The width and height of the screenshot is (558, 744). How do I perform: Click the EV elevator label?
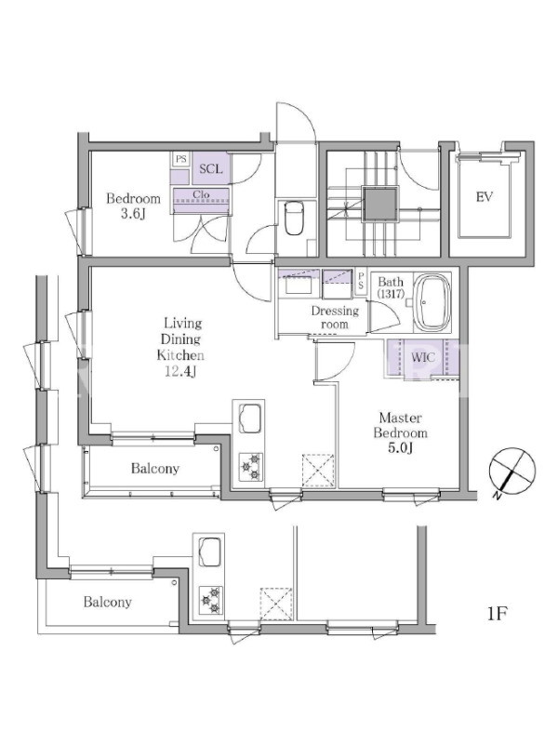pyautogui.click(x=484, y=196)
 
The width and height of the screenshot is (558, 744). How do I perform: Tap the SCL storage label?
pyautogui.click(x=211, y=169)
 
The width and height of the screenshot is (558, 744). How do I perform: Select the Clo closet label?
pyautogui.click(x=201, y=194)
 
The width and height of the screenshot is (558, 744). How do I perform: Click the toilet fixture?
pyautogui.click(x=295, y=218)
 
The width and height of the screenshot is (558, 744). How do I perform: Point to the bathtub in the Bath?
pyautogui.click(x=432, y=303)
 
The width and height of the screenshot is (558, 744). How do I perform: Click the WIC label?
pyautogui.click(x=423, y=357)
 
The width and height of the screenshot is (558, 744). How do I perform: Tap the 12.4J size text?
pyautogui.click(x=180, y=371)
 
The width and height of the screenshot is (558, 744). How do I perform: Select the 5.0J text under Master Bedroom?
pyautogui.click(x=400, y=447)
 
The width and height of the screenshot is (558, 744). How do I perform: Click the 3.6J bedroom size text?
pyautogui.click(x=132, y=214)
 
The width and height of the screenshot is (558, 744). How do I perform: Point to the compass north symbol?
pyautogui.click(x=511, y=472)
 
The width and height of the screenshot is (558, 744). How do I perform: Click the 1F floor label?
pyautogui.click(x=498, y=614)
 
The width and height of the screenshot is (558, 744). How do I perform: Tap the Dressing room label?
pyautogui.click(x=335, y=317)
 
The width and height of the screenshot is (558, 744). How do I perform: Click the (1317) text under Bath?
pyautogui.click(x=391, y=294)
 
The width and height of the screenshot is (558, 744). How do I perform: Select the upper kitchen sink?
pyautogui.click(x=250, y=418)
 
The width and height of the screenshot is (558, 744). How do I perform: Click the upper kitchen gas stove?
pyautogui.click(x=250, y=467)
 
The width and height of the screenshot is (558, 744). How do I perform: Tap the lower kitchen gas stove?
pyautogui.click(x=211, y=600)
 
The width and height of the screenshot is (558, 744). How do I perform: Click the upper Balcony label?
pyautogui.click(x=155, y=469)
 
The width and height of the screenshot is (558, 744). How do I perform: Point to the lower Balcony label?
pyautogui.click(x=107, y=602)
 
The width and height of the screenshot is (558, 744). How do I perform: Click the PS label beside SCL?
pyautogui.click(x=180, y=159)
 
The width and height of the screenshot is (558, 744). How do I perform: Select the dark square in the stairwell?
pyautogui.click(x=380, y=204)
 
